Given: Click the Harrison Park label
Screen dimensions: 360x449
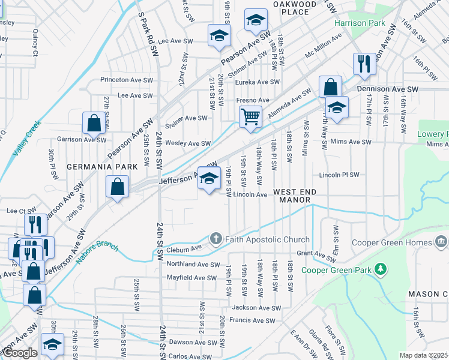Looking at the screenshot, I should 359,23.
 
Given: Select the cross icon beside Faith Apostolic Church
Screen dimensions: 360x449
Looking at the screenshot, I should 215,239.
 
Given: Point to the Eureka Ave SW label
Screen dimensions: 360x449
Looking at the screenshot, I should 257,82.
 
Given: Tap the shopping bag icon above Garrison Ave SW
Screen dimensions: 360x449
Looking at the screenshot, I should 94,123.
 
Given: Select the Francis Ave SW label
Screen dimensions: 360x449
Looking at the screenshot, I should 252,320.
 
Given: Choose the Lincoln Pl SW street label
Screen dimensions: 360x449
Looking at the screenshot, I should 339,175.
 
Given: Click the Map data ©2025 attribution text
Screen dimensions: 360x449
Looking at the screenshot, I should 424,355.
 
